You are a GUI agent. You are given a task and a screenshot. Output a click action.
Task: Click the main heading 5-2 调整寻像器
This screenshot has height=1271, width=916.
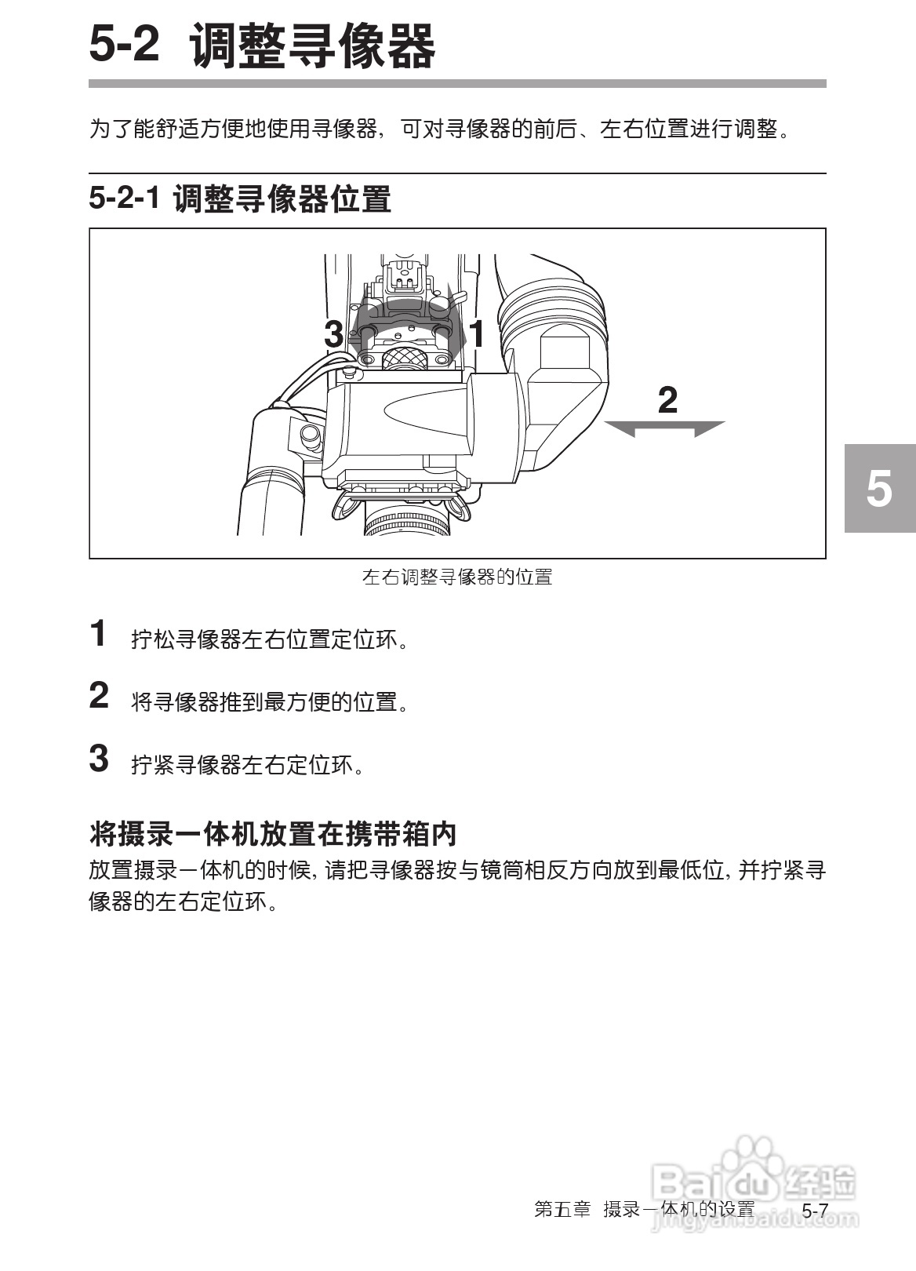click(262, 45)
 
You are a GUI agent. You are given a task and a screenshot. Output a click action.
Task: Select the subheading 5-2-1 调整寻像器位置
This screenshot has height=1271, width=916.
click(239, 198)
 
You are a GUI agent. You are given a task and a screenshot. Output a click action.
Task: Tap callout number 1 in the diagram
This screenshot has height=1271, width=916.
click(476, 334)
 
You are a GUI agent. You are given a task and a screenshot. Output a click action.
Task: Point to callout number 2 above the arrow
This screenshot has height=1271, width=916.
click(667, 400)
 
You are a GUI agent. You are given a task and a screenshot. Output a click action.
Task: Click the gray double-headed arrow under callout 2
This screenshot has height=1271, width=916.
click(665, 428)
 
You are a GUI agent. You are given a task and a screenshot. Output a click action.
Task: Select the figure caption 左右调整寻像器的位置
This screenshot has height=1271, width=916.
click(457, 577)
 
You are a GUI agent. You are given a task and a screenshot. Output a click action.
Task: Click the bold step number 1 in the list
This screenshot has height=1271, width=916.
click(98, 634)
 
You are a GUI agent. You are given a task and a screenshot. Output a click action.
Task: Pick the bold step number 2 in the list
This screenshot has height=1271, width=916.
click(99, 696)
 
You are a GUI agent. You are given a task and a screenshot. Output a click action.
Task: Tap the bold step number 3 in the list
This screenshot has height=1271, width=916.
click(99, 759)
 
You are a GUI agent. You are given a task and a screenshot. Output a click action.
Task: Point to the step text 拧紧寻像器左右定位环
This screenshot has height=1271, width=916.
click(247, 764)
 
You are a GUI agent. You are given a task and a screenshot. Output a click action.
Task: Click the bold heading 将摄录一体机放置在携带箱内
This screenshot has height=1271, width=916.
click(273, 833)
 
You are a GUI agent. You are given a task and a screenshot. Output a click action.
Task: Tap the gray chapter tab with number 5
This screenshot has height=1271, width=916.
click(879, 488)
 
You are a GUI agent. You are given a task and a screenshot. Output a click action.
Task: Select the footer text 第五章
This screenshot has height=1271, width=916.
click(562, 1209)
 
